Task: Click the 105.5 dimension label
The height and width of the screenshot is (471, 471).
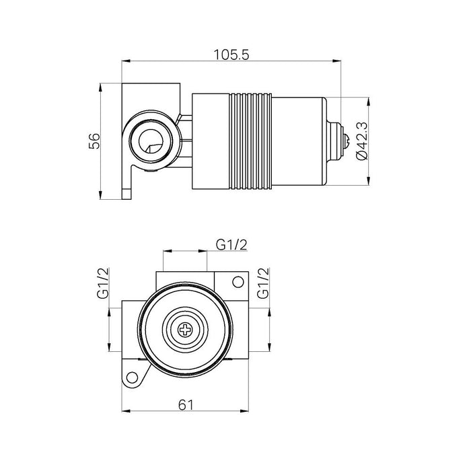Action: click(231, 55)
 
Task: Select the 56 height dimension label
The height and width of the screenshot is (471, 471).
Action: click(94, 141)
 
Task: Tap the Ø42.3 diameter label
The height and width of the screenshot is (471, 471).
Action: click(361, 141)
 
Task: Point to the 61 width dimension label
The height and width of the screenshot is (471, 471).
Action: click(186, 405)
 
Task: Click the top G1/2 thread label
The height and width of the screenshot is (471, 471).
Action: click(231, 245)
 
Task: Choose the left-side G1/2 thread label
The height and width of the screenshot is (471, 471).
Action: click(103, 283)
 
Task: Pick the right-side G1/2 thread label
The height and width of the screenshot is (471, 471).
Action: click(263, 283)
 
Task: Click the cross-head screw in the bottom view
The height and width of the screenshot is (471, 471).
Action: click(185, 330)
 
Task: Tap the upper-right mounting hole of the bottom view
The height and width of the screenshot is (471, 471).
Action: click(238, 282)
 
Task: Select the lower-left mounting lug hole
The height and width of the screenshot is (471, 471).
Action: click(132, 377)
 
